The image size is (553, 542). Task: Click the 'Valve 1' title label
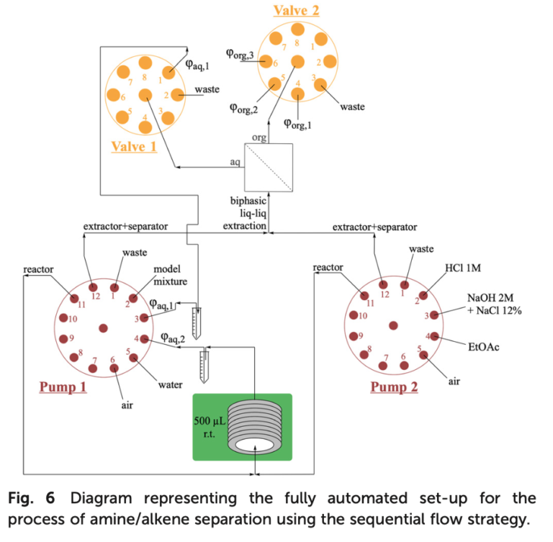134,147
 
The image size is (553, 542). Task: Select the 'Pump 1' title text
63,387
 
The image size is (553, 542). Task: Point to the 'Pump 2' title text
395,387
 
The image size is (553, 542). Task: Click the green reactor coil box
241,426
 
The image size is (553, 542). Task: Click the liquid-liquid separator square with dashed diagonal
269,166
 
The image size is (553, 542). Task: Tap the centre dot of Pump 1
103,328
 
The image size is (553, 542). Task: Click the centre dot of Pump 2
393,325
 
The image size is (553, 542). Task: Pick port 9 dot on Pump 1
63,339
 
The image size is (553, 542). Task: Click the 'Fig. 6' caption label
34,497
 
